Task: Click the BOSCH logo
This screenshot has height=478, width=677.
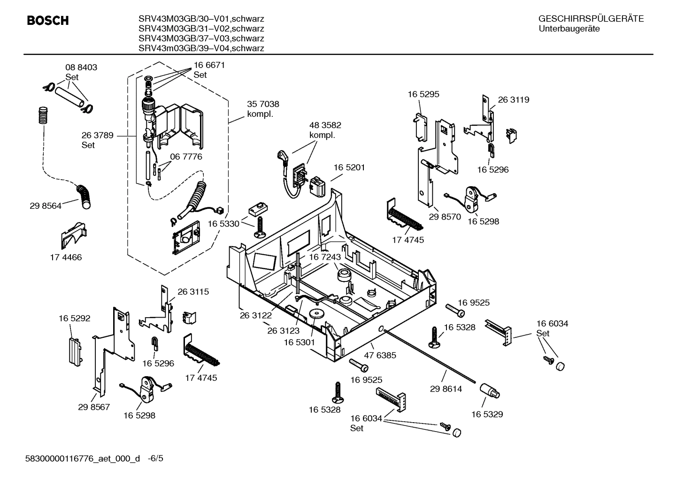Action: coord(48,21)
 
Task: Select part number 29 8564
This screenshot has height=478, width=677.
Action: coord(46,205)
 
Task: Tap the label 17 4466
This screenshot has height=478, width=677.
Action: coord(66,257)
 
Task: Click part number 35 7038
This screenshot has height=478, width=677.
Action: coord(263,104)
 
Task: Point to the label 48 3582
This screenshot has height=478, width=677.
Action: coord(325,125)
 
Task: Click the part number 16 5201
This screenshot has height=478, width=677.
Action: coord(349,167)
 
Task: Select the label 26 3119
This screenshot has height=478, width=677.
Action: coord(513,100)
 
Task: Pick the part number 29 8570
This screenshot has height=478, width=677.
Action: coord(445,217)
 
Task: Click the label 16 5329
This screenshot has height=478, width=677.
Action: coord(487,414)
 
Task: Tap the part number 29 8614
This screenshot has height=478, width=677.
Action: coord(446,389)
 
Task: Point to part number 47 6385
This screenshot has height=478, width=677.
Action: coord(380,355)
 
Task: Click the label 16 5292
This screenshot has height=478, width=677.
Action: coord(74,319)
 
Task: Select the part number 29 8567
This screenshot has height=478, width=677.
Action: coord(94,407)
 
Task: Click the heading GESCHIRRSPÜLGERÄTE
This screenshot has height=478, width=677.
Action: coord(591,19)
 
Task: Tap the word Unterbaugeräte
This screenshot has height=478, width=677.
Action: coord(569,29)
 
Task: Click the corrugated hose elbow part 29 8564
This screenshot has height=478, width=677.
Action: coord(85,196)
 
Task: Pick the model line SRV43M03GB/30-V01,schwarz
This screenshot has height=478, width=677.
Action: coord(201,19)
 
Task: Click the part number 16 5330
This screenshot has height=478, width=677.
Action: coord(223,224)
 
